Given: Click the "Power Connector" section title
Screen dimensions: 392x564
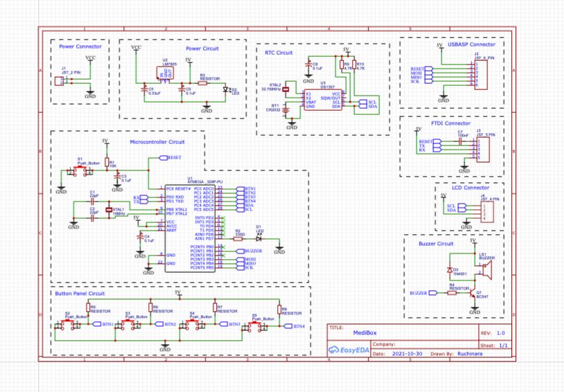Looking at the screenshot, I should click(76, 46).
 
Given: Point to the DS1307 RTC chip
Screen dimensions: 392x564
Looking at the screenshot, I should click(324, 100).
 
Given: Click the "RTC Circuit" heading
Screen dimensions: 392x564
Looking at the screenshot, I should click(279, 52).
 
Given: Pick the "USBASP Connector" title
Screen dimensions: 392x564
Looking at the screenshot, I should click(466, 44).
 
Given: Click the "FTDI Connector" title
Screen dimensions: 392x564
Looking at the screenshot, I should click(446, 123).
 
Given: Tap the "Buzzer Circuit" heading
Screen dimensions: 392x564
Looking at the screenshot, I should click(436, 244).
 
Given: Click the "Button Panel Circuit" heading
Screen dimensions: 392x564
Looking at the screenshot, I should click(79, 294).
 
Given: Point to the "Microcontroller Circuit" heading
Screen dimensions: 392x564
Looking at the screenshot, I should click(159, 141).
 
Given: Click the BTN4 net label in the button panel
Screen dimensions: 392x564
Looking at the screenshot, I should click(299, 326).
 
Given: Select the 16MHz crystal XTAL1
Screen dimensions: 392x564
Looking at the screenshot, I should click(109, 210).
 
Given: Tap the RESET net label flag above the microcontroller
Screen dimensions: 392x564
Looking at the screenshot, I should click(173, 157).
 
